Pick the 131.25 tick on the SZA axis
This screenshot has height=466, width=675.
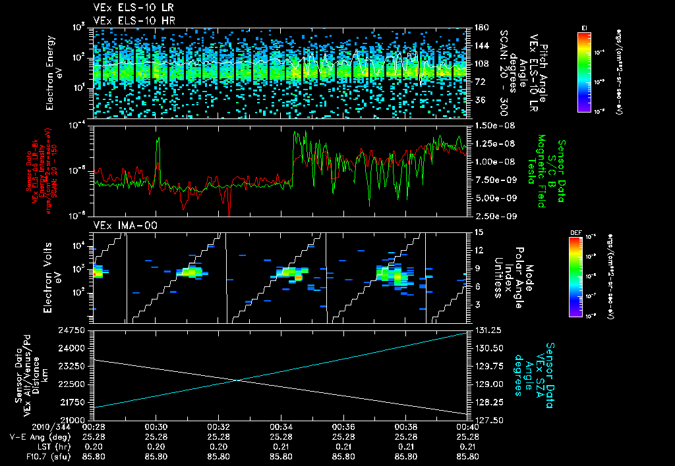[487, 329]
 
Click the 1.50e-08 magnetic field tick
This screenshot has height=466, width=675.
[490, 125]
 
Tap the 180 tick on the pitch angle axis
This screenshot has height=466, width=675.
[481, 28]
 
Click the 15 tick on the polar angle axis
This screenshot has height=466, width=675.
[479, 232]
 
